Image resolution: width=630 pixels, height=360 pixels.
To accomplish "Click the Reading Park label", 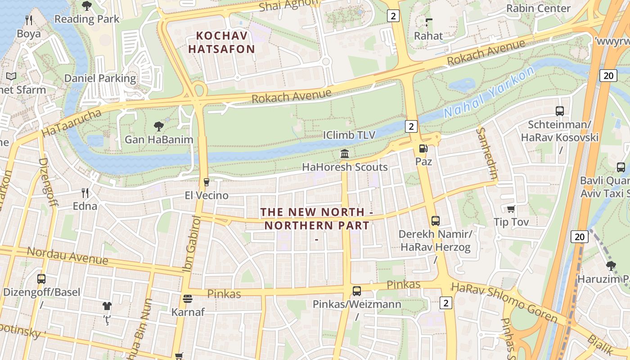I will (x=87, y=19).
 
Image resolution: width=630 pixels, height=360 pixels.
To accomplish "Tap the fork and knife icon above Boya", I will (x=29, y=20).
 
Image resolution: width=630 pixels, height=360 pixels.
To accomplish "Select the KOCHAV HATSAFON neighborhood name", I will (x=221, y=42).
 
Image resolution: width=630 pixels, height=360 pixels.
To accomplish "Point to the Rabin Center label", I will (x=538, y=8).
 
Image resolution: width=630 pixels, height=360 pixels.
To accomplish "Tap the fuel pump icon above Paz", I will (x=423, y=148).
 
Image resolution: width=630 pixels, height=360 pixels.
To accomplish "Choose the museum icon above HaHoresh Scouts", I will (x=345, y=154).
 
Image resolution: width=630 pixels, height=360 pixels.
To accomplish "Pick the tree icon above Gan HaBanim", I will (x=158, y=126).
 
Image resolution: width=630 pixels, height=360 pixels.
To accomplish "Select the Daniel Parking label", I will (x=100, y=78).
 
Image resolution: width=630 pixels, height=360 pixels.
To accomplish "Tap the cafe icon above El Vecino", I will (x=207, y=182).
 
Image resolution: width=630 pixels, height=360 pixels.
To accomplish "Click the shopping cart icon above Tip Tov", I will (x=511, y=209).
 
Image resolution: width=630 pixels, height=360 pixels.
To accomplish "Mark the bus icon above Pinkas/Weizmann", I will (x=357, y=291).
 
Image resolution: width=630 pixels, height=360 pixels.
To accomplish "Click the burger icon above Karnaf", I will (x=188, y=299).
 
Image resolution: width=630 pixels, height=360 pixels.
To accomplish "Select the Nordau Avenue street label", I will (x=67, y=256).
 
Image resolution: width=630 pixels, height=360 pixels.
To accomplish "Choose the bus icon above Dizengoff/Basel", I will (x=41, y=279).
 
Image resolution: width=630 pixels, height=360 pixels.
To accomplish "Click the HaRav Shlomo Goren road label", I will (x=504, y=303).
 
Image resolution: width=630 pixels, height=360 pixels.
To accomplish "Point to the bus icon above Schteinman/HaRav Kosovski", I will (x=560, y=111).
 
